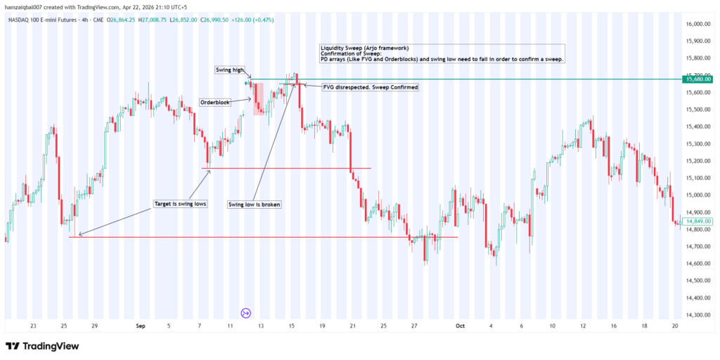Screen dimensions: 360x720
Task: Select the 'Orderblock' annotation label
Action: point(214,102)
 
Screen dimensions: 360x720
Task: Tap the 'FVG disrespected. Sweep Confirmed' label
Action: point(370,87)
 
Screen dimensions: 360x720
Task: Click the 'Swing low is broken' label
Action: point(255,205)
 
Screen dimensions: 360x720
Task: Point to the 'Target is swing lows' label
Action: point(179,204)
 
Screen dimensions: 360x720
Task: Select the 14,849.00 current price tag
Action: point(698,221)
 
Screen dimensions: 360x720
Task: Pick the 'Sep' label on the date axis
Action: point(140,326)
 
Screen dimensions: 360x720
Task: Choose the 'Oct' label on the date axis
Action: point(460,326)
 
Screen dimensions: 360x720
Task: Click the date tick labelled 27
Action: point(415,326)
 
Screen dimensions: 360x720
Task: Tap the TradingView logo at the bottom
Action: point(42,346)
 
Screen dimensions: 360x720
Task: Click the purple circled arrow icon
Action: point(246,313)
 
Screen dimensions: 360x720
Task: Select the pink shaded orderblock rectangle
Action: point(258,98)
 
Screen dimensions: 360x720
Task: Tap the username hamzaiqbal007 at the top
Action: point(27,6)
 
